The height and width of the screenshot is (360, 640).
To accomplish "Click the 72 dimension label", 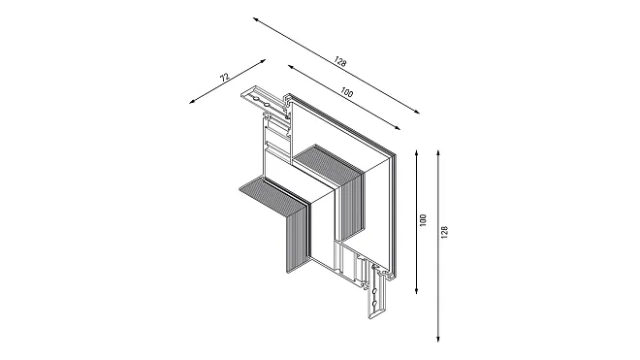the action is pyautogui.click(x=225, y=78).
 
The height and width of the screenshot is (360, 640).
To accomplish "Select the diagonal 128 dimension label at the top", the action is pyautogui.click(x=340, y=62).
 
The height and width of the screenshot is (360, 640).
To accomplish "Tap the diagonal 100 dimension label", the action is pyautogui.click(x=346, y=93).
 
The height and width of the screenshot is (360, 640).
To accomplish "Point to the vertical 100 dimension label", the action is pyautogui.click(x=423, y=220).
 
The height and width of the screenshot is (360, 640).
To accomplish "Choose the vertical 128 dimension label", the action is pyautogui.click(x=444, y=232).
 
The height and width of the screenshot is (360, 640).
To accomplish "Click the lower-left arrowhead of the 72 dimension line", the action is pyautogui.click(x=192, y=102).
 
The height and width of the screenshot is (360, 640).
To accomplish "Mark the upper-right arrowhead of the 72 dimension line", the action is pyautogui.click(x=263, y=61).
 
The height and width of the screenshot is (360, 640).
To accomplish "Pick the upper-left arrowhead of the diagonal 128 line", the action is pyautogui.click(x=255, y=19).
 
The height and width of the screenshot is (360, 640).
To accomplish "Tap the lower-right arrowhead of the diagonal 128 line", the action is pyautogui.click(x=417, y=113).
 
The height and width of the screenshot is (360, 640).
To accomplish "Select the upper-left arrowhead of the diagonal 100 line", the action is pyautogui.click(x=290, y=66).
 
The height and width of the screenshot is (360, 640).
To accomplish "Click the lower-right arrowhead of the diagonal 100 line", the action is pyautogui.click(x=398, y=128).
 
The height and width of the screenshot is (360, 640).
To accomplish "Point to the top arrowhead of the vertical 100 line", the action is pyautogui.click(x=416, y=152).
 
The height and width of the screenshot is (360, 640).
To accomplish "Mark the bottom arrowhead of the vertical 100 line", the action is pyautogui.click(x=416, y=291).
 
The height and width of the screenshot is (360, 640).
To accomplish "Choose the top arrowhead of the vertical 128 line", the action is pyautogui.click(x=438, y=152).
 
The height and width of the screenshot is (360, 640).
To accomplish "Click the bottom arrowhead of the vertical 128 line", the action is pyautogui.click(x=438, y=339).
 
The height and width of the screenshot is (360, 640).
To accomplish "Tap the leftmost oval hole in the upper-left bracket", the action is pyautogui.click(x=254, y=99).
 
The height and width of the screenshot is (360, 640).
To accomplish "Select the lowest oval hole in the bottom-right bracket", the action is pyautogui.click(x=374, y=303).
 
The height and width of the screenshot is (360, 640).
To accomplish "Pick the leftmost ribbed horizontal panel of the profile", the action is pyautogui.click(x=271, y=195).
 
